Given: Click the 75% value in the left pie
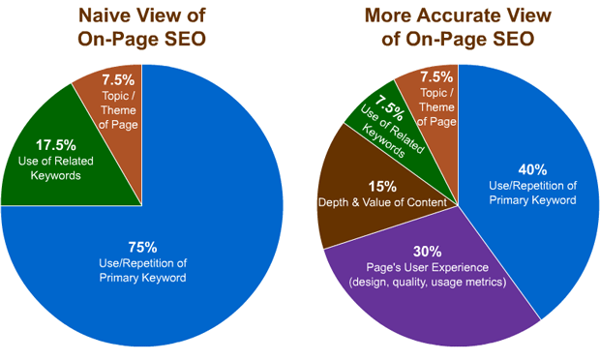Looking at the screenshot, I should (x=141, y=245).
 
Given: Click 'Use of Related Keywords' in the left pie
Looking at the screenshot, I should (x=56, y=167).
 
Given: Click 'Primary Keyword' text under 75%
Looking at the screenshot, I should (x=141, y=278).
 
